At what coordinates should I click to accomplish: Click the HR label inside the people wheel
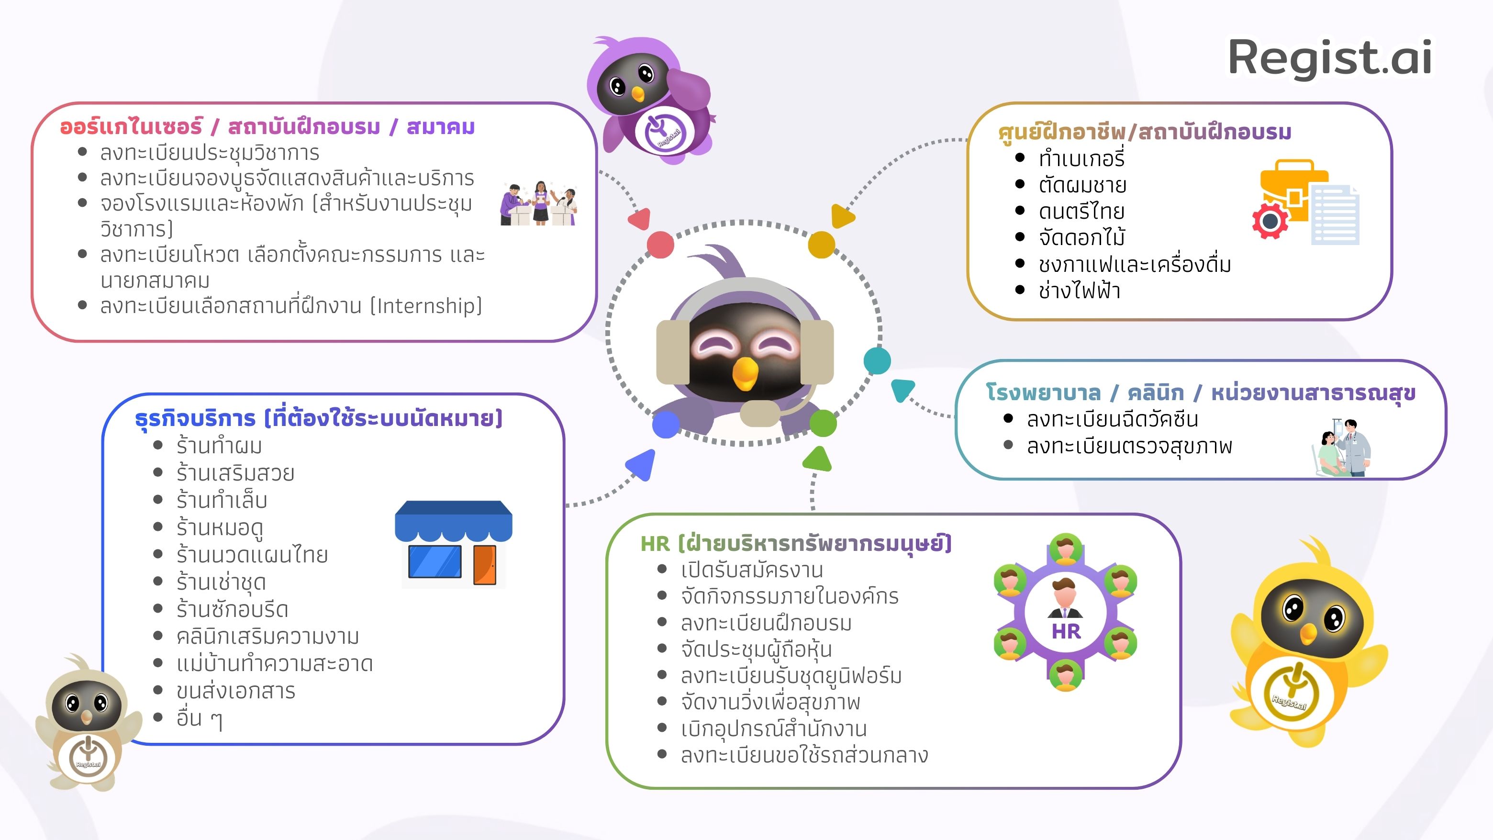coord(1066,631)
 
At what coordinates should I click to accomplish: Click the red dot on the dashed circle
coord(660,244)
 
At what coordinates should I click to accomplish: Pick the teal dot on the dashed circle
coord(877,360)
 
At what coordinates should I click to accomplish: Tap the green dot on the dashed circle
coord(823,423)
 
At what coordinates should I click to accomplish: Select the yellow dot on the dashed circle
coord(821,244)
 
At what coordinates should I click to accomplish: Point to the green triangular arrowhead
coord(818,459)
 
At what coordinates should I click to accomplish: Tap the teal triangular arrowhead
coord(901,390)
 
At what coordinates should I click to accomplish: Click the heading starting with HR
coord(796,544)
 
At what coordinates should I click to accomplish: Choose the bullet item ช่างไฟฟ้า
coord(1079,291)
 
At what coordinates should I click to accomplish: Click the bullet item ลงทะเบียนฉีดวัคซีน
coord(1112,419)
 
